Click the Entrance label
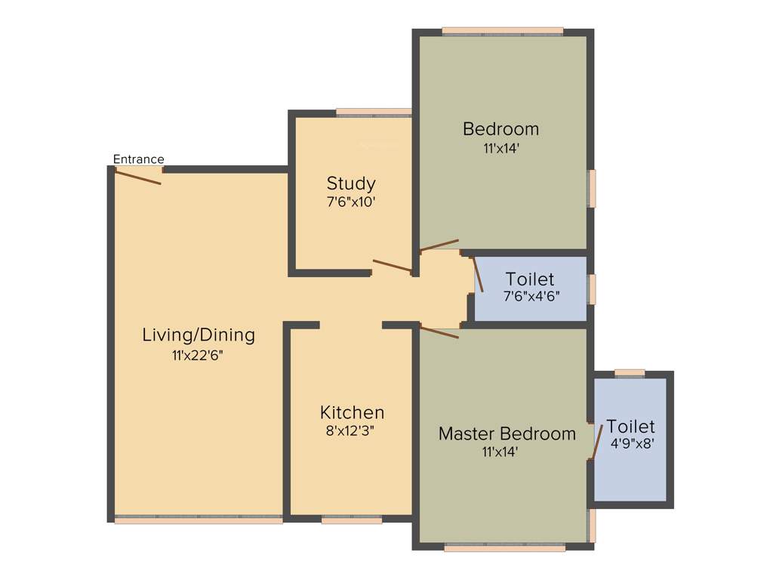point(138,159)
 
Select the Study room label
point(351,184)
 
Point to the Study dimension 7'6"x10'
point(351,202)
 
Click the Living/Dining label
point(199,335)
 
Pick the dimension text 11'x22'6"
point(198,355)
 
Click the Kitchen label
point(352,412)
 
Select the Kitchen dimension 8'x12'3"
point(352,431)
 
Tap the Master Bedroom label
point(507,433)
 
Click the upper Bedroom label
point(500,128)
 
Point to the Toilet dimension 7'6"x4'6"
point(531,297)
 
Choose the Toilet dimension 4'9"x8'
point(631,444)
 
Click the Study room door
point(392,266)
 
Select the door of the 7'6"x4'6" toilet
point(478,274)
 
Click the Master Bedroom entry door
point(439,332)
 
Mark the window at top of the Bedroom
point(502,31)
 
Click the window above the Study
point(373,113)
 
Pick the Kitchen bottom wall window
point(351,520)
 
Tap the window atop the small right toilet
point(630,372)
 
